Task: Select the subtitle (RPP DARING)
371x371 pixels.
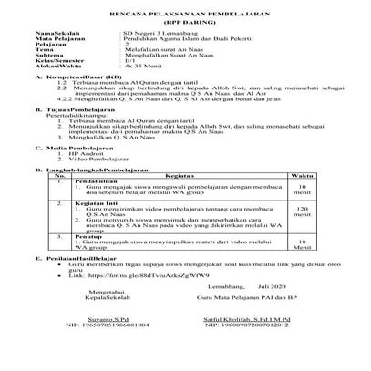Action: click(x=184, y=26)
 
